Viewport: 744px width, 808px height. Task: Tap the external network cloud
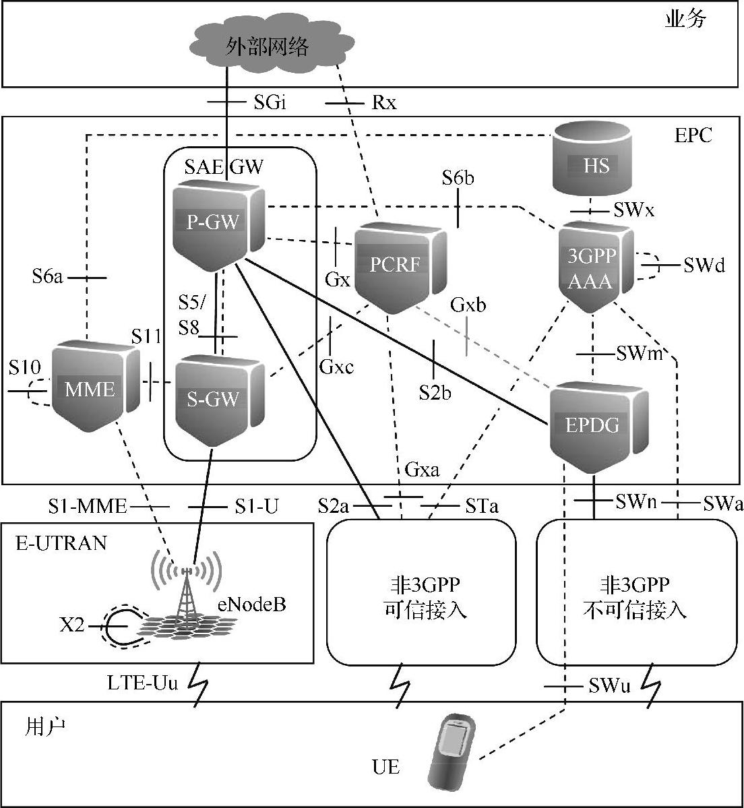[268, 46]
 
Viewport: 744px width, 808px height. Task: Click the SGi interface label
[270, 102]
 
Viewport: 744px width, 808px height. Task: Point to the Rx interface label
[384, 102]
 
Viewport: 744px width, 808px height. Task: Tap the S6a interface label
[47, 276]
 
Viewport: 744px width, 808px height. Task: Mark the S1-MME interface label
[88, 506]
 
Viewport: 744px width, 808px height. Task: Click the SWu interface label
[609, 686]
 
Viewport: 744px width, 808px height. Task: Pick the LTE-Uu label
[143, 683]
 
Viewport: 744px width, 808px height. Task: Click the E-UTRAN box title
[61, 542]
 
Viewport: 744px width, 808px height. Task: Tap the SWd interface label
[704, 266]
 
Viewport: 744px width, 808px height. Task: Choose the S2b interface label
[435, 392]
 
